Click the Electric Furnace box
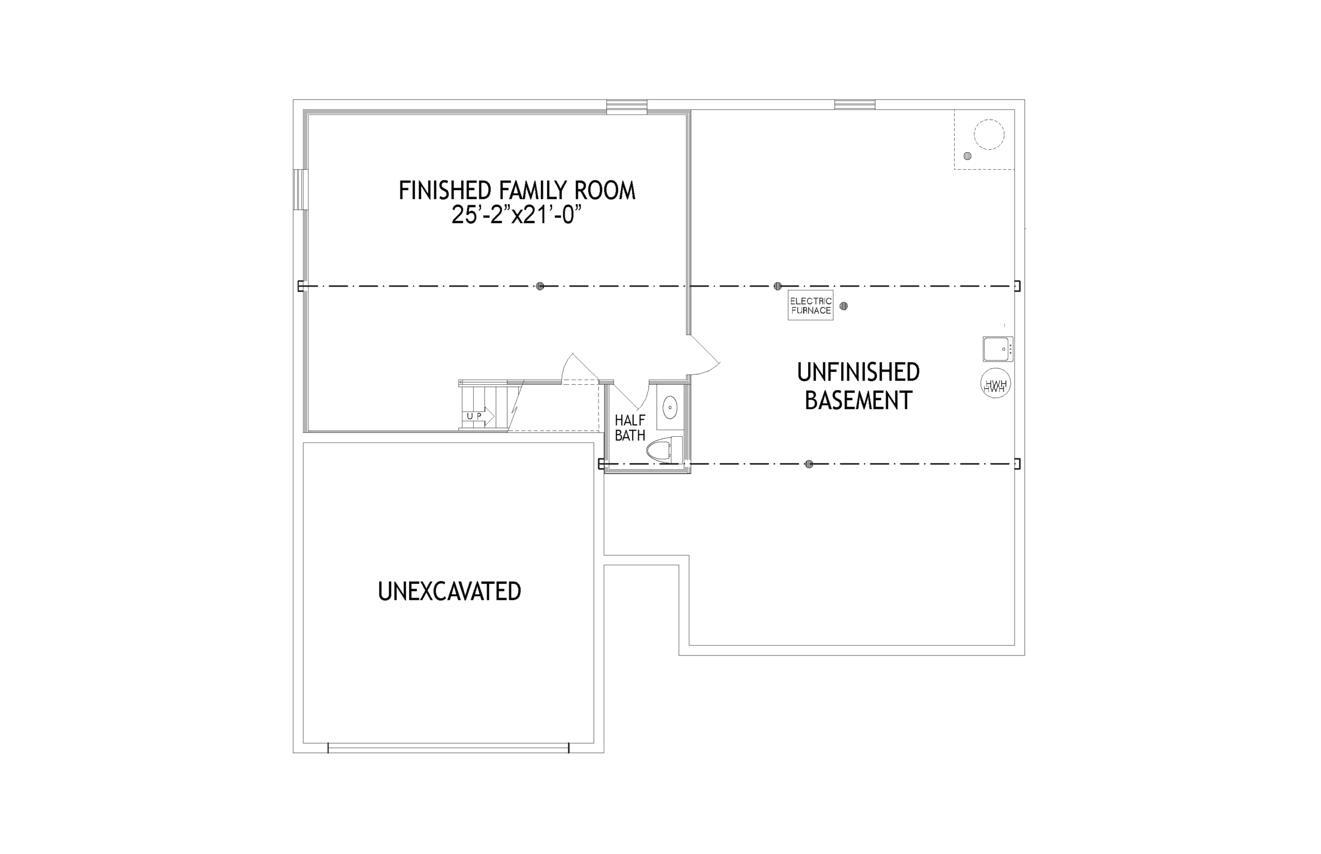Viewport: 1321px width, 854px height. click(x=810, y=305)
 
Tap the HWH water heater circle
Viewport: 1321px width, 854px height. click(x=995, y=383)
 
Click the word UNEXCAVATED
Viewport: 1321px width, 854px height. click(x=449, y=591)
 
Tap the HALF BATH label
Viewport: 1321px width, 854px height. click(x=630, y=428)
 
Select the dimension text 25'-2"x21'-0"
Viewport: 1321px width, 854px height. click(x=516, y=214)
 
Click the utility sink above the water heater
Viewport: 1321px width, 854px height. click(x=997, y=349)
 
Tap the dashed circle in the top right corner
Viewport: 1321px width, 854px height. click(x=989, y=135)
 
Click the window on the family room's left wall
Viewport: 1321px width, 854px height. click(x=301, y=189)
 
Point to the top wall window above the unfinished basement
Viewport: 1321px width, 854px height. click(x=855, y=104)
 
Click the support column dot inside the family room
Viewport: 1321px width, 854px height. click(x=540, y=286)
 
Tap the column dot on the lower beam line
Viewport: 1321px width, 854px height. click(x=809, y=464)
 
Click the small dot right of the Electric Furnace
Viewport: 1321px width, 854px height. click(x=843, y=306)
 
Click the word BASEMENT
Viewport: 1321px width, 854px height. click(x=858, y=400)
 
